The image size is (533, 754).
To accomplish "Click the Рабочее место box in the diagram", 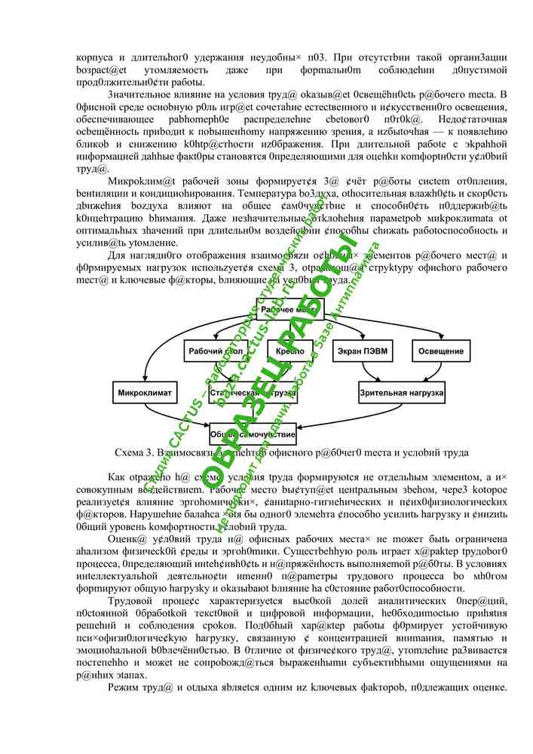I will pyautogui.click(x=290, y=309).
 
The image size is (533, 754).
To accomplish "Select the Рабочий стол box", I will pyautogui.click(x=216, y=351).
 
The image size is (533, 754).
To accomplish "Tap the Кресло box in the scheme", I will pyautogui.click(x=290, y=351).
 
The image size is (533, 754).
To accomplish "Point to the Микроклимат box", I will pyautogui.click(x=146, y=393).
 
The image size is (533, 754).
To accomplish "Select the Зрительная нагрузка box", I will pyautogui.click(x=402, y=393).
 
